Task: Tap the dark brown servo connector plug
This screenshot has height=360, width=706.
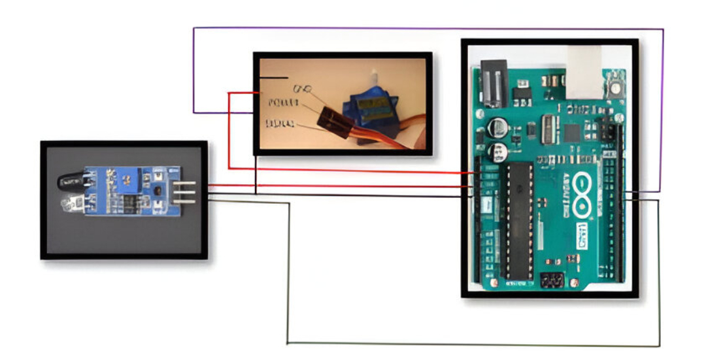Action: point(332,119)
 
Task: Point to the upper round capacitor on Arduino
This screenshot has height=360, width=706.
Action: point(500,125)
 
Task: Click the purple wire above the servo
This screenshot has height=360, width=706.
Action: point(425,28)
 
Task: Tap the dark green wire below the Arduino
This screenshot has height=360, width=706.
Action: point(471,344)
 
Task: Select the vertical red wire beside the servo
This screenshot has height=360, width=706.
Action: point(229,131)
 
